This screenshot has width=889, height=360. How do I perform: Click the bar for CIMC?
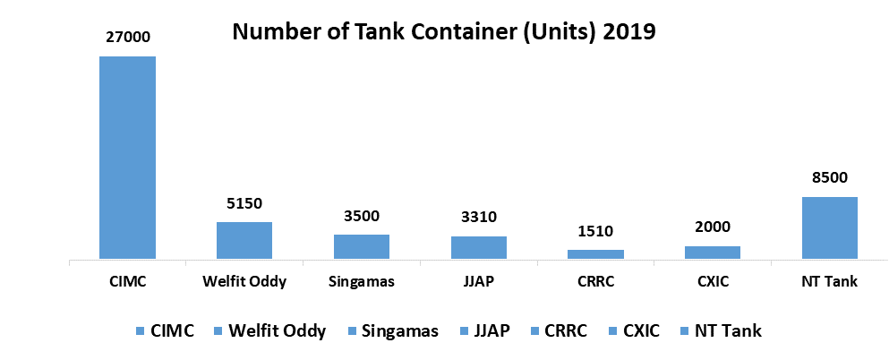pyautogui.click(x=127, y=158)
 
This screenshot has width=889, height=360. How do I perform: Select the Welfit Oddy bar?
pyautogui.click(x=244, y=241)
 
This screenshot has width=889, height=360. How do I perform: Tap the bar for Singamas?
pyautogui.click(x=361, y=247)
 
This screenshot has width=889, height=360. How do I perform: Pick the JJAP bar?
pyautogui.click(x=478, y=248)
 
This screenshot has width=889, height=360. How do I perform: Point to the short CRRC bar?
pyautogui.click(x=595, y=254)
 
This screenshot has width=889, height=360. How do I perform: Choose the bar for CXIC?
pyautogui.click(x=713, y=253)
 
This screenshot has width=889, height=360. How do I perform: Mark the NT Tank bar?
pyautogui.click(x=829, y=228)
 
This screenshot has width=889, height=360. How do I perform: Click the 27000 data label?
pyautogui.click(x=127, y=38)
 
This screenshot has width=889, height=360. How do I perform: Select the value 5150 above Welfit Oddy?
pyautogui.click(x=244, y=203)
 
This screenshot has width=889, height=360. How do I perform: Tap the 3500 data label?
pyautogui.click(x=361, y=216)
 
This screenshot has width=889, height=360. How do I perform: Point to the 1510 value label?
pyautogui.click(x=595, y=232)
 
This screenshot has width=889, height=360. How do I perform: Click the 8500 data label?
pyautogui.click(x=829, y=178)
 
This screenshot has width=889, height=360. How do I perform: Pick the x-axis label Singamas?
pyautogui.click(x=361, y=282)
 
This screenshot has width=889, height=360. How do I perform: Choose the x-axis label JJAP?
pyautogui.click(x=478, y=282)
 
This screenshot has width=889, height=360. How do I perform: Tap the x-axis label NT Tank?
pyautogui.click(x=829, y=282)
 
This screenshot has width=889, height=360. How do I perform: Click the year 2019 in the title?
pyautogui.click(x=630, y=33)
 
